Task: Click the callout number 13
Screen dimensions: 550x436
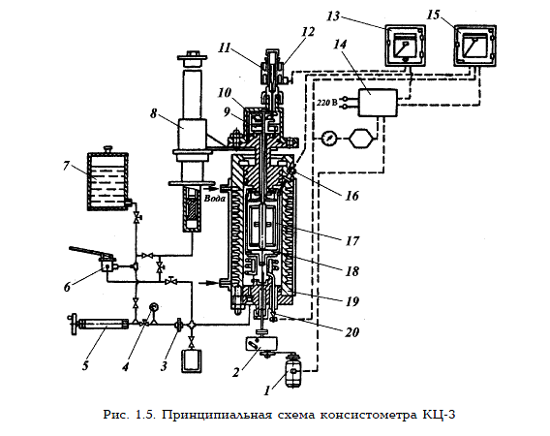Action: (333, 16)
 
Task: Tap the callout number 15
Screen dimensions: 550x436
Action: (434, 15)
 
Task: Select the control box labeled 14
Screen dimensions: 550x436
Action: (378, 103)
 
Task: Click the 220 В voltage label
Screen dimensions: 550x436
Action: (327, 103)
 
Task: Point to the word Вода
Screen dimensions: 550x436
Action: (214, 199)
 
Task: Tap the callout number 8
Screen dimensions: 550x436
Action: (153, 113)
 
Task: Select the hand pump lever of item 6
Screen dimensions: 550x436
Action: (90, 252)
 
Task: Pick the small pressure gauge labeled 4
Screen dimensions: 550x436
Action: (153, 307)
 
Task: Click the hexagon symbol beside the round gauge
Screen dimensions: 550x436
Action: (359, 138)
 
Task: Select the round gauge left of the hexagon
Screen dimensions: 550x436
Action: (328, 138)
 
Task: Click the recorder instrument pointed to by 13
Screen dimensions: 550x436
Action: (405, 46)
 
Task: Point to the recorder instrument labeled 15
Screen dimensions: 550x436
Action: (474, 45)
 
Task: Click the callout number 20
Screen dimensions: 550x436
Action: (352, 331)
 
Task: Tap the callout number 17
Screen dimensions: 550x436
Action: (352, 241)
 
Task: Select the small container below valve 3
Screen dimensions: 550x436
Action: (191, 360)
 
